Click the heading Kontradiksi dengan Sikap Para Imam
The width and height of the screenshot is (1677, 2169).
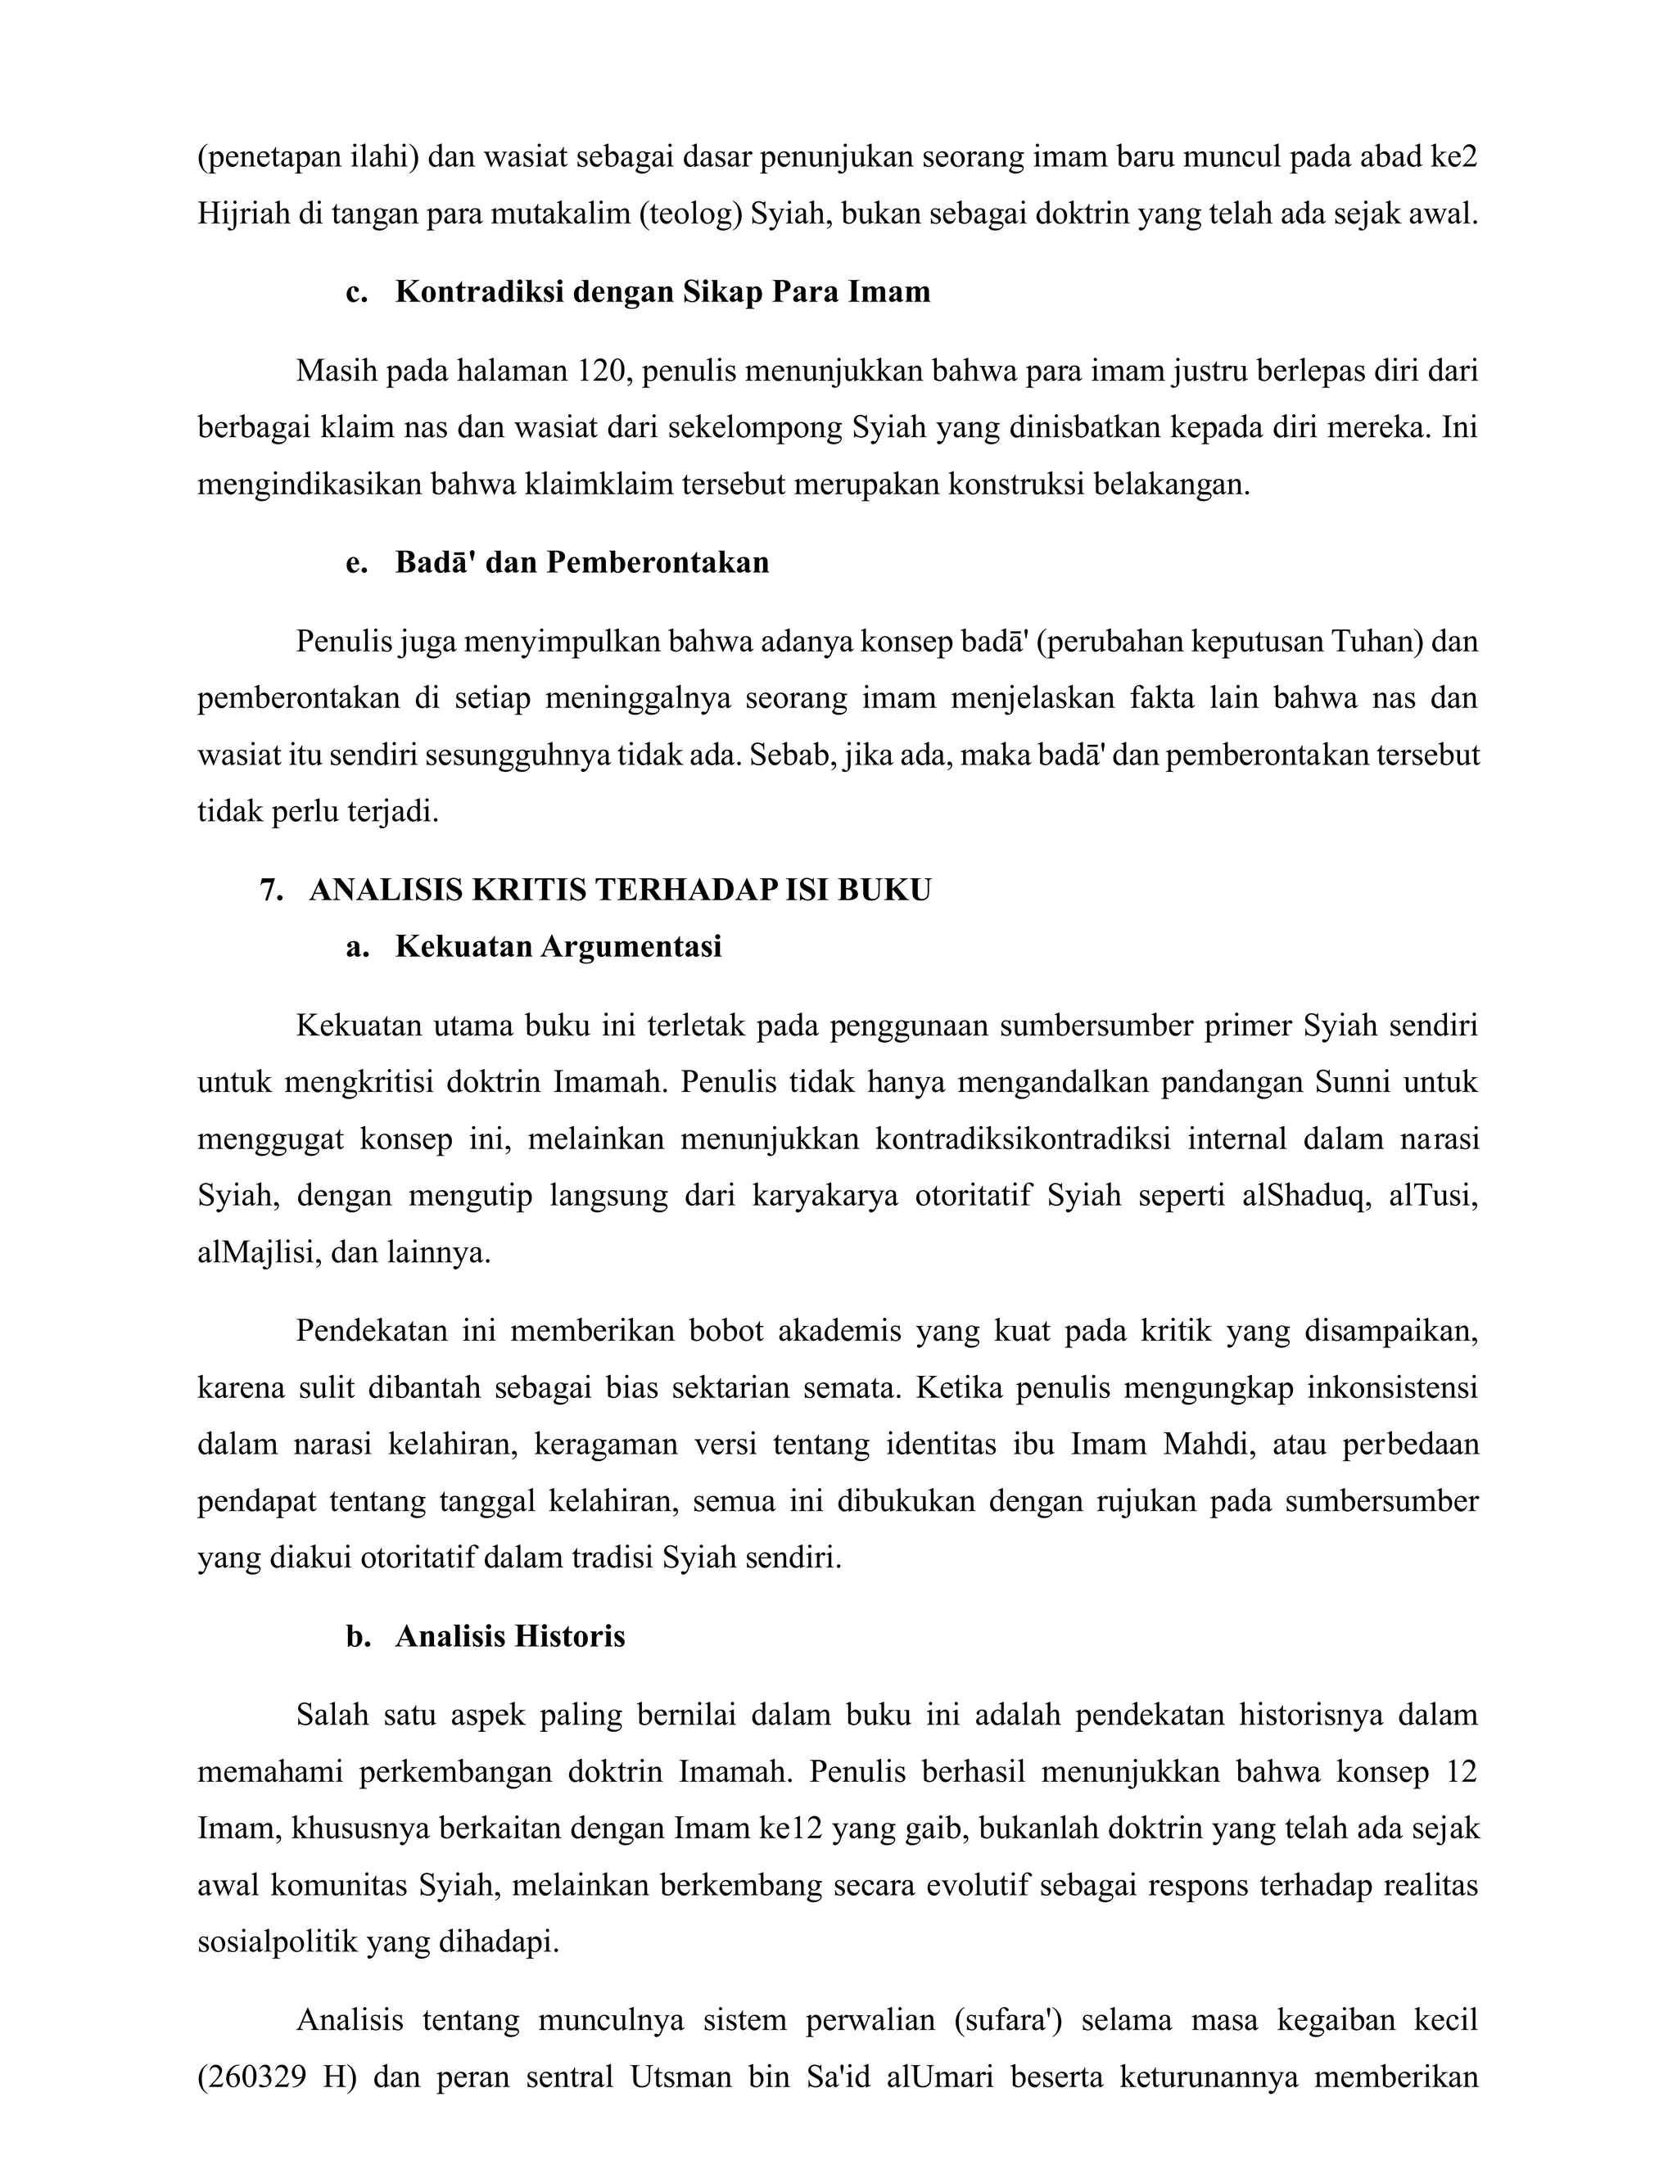pyautogui.click(x=662, y=292)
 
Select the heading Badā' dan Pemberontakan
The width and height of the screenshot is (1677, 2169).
pyautogui.click(x=581, y=562)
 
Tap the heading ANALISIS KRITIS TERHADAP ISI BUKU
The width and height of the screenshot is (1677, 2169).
pyautogui.click(x=619, y=890)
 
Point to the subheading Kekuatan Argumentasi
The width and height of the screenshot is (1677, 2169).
pyautogui.click(x=558, y=946)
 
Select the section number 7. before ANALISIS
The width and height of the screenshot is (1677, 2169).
pyautogui.click(x=271, y=890)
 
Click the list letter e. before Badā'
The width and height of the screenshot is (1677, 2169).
pyautogui.click(x=355, y=562)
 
